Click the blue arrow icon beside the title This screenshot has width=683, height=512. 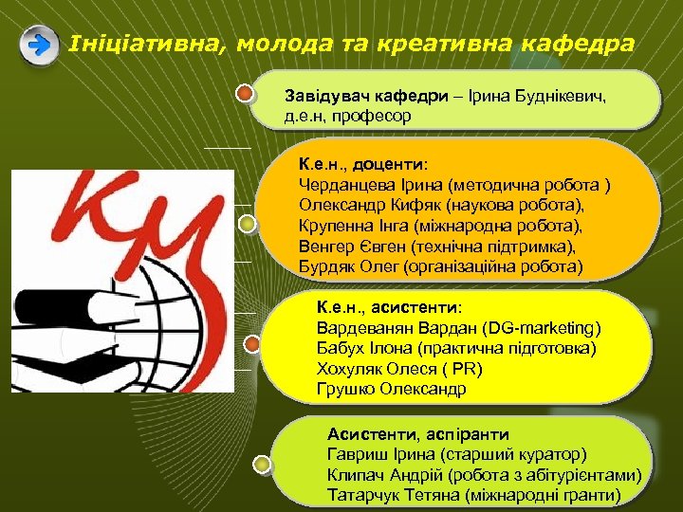pos(39,46)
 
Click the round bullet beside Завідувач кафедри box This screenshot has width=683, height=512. pos(245,94)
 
